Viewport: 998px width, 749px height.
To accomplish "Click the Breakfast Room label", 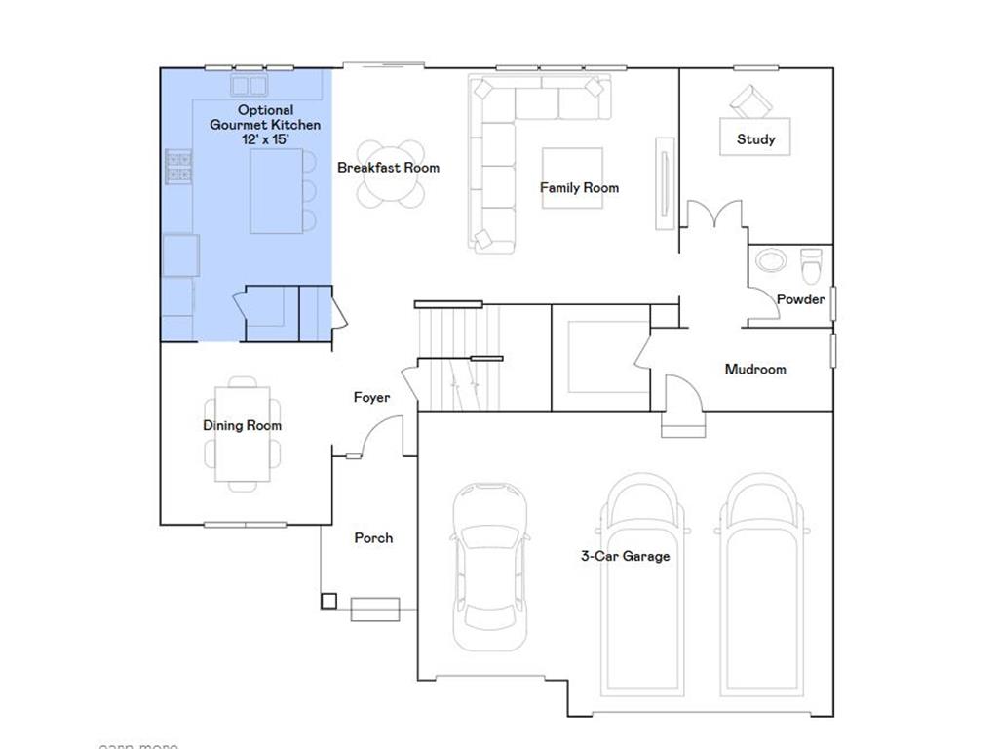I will (x=388, y=168).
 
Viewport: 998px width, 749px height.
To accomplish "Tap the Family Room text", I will (x=579, y=188).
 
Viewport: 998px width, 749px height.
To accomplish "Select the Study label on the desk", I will (x=755, y=139).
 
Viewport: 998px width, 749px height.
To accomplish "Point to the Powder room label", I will (x=800, y=299).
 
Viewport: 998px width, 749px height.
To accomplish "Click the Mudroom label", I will (x=754, y=370).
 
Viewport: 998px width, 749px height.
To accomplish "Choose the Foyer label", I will (x=371, y=398).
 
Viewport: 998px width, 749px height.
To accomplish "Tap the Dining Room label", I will (x=242, y=426).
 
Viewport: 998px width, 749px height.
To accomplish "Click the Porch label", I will (x=373, y=538).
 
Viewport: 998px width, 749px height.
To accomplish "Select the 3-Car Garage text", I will (x=625, y=557).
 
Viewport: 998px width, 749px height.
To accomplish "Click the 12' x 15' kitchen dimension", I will (x=266, y=139).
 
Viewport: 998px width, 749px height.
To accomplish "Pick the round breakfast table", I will (x=391, y=176).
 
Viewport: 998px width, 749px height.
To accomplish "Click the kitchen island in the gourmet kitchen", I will (x=276, y=191).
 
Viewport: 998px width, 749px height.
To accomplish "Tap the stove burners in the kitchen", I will (x=178, y=167).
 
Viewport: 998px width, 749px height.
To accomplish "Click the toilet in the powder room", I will (x=811, y=263).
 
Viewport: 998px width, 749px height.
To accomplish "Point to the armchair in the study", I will (x=749, y=100).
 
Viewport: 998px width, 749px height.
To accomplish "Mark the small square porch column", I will (x=328, y=601).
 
